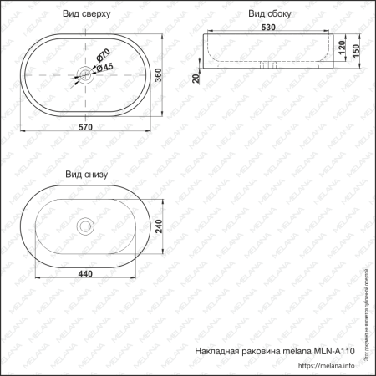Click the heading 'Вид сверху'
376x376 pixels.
87,14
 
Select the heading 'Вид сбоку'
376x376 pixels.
269,14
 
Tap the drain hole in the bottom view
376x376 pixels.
85,226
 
